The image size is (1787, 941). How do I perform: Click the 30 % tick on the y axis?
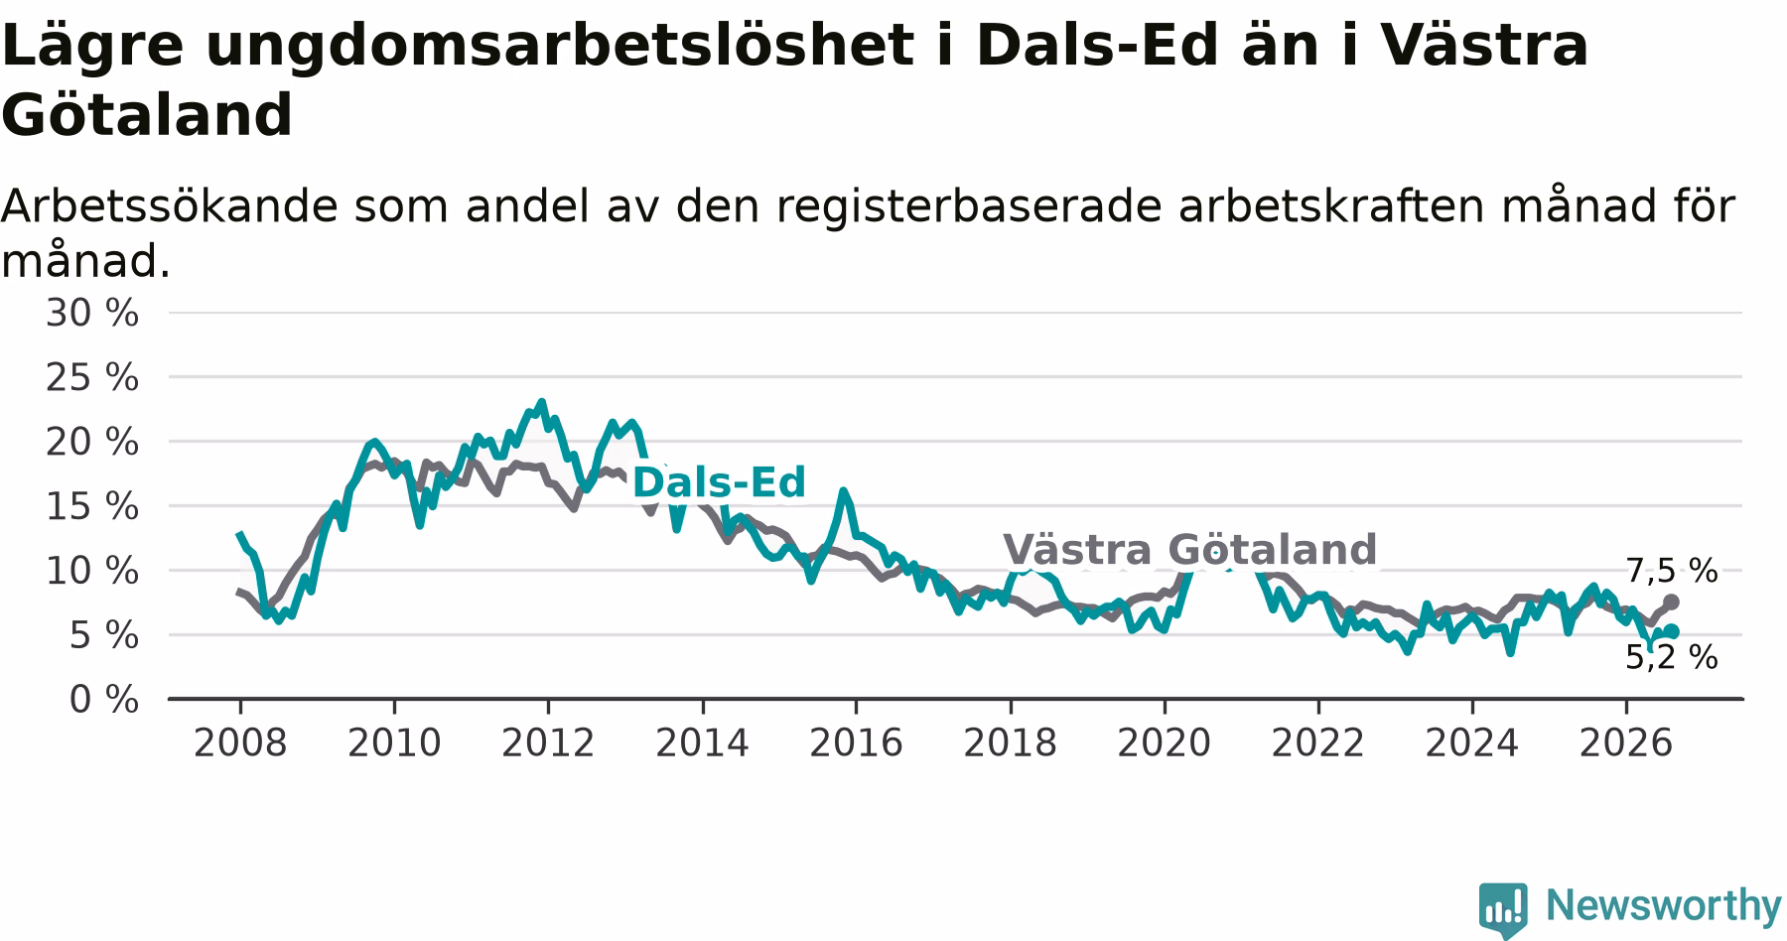pyautogui.click(x=91, y=313)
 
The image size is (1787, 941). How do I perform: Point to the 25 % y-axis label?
pyautogui.click(x=91, y=377)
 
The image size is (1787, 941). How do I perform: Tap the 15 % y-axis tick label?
pyautogui.click(x=91, y=506)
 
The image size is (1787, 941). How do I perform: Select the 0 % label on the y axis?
pyautogui.click(x=103, y=700)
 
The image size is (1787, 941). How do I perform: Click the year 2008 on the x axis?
pyautogui.click(x=239, y=742)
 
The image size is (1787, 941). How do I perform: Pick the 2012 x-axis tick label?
pyautogui.click(x=548, y=742)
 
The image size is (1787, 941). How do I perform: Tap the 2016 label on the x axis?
pyautogui.click(x=856, y=742)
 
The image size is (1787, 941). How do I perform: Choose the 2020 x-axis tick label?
pyautogui.click(x=1165, y=742)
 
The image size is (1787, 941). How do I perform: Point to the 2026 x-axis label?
pyautogui.click(x=1626, y=742)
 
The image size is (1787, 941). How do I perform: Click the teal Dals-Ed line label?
pyautogui.click(x=719, y=482)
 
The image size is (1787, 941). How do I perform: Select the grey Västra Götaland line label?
pyautogui.click(x=1190, y=549)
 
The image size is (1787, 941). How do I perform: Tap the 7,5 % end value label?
pyautogui.click(x=1672, y=571)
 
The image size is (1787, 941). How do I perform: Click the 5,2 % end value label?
pyautogui.click(x=1672, y=657)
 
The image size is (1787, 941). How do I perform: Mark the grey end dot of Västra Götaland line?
pyautogui.click(x=1672, y=602)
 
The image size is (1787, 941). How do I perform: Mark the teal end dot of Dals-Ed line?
pyautogui.click(x=1672, y=631)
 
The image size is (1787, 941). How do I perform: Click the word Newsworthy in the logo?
pyautogui.click(x=1664, y=905)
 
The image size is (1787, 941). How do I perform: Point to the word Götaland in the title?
pyautogui.click(x=147, y=115)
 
